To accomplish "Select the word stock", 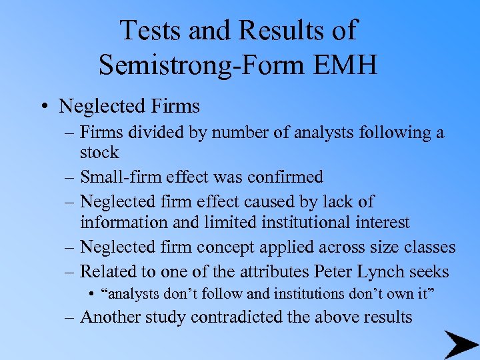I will point(99,153).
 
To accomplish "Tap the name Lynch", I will point(381,271).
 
